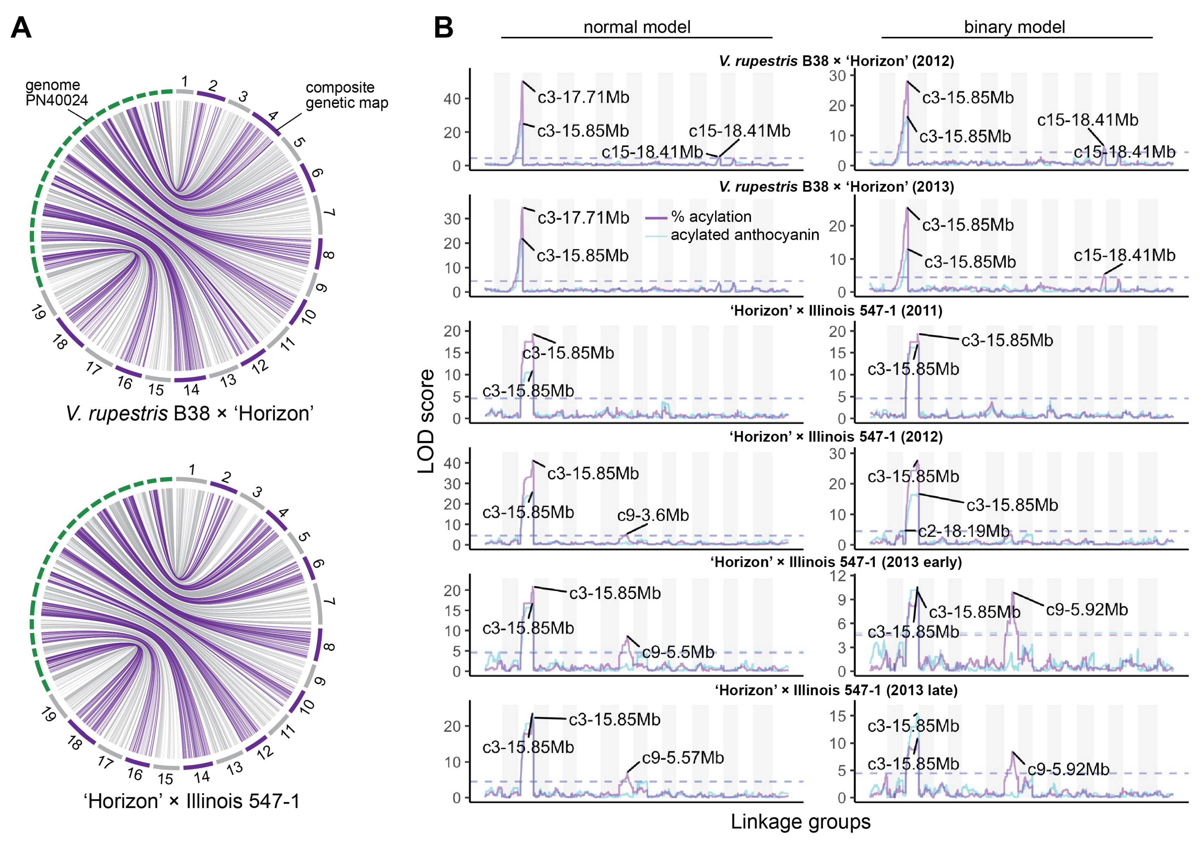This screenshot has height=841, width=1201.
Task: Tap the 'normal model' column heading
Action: [x=636, y=27]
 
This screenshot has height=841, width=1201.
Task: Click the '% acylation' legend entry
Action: [x=711, y=217]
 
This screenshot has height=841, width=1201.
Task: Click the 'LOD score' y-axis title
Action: [x=426, y=421]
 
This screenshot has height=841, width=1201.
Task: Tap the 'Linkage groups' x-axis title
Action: [x=800, y=821]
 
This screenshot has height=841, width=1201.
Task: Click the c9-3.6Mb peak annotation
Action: [x=653, y=515]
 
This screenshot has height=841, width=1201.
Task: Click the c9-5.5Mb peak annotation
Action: [x=678, y=652]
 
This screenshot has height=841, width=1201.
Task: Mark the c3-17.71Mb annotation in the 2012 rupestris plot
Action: [x=583, y=97]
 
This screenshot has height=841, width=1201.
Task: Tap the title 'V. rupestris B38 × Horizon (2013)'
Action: [x=836, y=187]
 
